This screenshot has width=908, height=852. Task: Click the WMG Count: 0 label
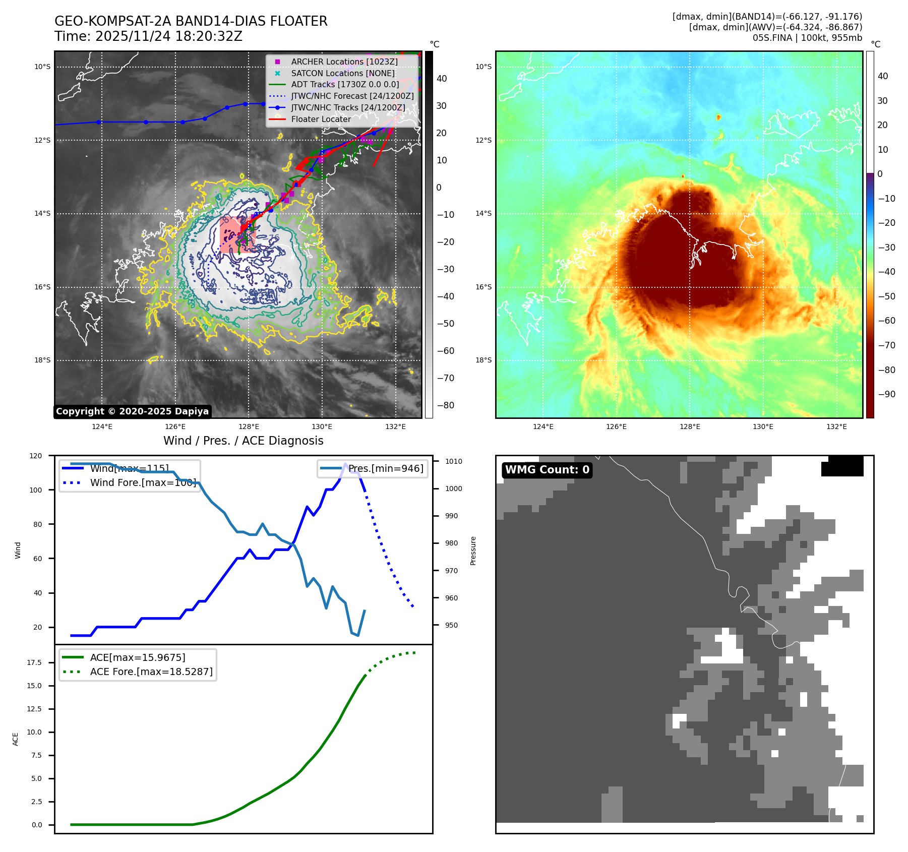point(547,470)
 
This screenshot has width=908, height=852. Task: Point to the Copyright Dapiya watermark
point(132,411)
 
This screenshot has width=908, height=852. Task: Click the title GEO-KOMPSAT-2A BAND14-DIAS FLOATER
point(191,21)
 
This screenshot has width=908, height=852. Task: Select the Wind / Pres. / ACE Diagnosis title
point(243,441)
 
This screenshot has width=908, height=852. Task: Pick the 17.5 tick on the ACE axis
point(34,662)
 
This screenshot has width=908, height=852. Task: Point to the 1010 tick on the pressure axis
point(454,461)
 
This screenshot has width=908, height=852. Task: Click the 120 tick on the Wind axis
point(36,456)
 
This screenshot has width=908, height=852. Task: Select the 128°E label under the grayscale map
point(249,427)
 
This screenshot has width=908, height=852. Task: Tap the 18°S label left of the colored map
point(483,360)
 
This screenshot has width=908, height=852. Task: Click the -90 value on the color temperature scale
point(886,394)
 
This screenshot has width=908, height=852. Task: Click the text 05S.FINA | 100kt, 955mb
point(807,38)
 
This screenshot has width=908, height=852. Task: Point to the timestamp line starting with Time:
point(148,36)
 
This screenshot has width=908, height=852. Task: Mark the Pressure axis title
point(473,551)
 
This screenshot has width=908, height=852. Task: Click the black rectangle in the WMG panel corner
point(842,466)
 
